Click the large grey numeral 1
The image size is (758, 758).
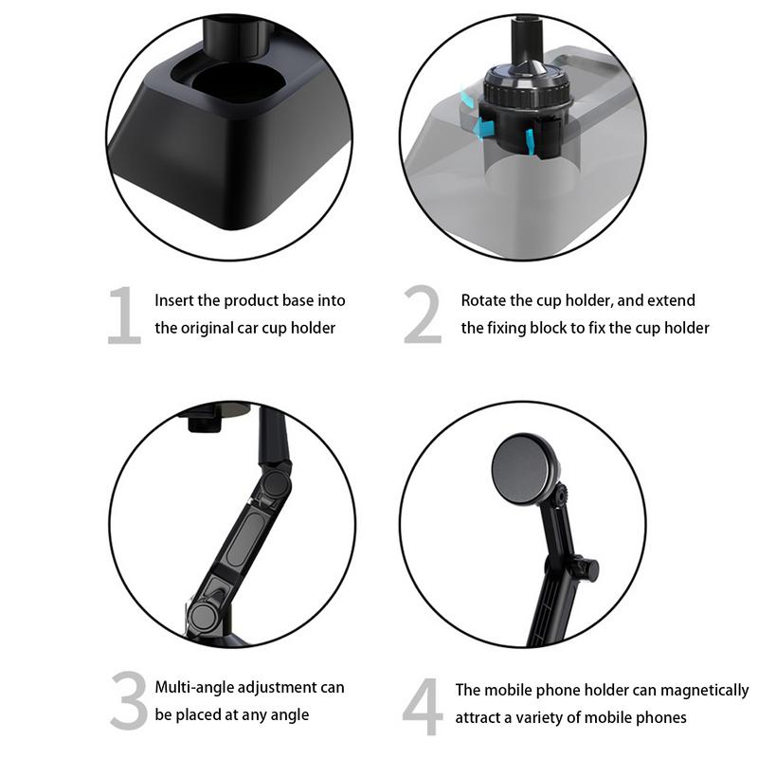124,316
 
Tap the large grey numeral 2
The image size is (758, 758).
423,315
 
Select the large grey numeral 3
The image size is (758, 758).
129,700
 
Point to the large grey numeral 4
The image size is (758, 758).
423,706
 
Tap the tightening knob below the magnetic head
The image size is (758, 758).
587,568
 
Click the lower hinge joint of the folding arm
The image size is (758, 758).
203,616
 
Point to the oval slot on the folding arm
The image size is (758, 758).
245,540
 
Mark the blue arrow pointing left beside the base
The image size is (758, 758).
483,127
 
